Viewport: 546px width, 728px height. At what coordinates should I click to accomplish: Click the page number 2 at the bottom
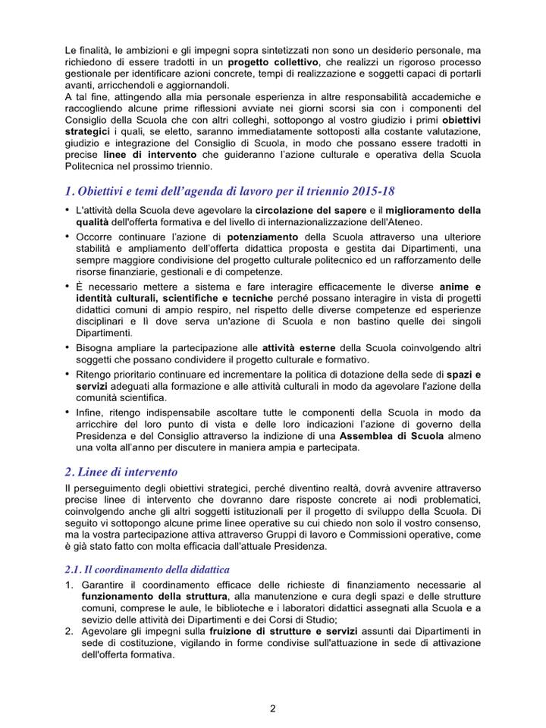(273, 708)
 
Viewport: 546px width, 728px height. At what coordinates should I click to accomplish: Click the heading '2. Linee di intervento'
(121, 472)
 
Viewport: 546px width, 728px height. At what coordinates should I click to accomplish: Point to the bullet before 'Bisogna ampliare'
(68, 347)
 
